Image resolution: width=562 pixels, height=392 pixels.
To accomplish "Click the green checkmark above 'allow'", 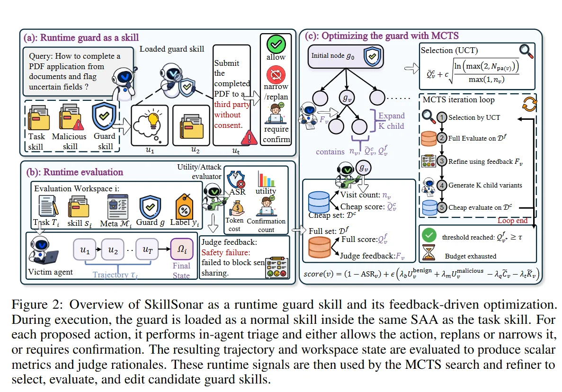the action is coord(276,44).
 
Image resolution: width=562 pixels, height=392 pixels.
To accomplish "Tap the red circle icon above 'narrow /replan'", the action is coord(276,74).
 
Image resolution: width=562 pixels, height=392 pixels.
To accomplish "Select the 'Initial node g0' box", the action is coord(346,56).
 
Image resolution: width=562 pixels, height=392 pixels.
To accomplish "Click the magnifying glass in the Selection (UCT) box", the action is coord(526,51).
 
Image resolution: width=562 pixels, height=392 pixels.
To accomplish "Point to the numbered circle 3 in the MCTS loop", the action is coord(442,161).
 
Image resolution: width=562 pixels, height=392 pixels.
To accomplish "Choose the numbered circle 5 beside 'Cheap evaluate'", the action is coord(442,207).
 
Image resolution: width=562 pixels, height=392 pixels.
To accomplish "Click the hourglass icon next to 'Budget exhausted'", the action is coord(428,252).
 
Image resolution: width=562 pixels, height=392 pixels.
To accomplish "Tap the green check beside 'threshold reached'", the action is coord(428,235).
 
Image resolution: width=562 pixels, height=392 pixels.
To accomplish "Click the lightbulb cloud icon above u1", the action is coord(150,125).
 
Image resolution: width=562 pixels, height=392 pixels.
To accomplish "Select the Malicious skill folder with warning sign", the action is coord(70,117).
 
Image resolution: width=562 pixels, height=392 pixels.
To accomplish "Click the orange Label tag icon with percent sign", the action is coord(184,206).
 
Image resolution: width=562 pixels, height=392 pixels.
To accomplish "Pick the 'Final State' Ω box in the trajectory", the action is coord(181,249).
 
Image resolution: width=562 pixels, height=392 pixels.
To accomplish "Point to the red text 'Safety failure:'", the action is coord(226,253).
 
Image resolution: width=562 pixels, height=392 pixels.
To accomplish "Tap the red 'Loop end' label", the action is coord(512,220).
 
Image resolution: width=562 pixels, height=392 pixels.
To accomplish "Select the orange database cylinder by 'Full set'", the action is coord(320,247).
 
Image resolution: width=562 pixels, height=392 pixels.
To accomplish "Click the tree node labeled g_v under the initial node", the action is coord(347,98).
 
